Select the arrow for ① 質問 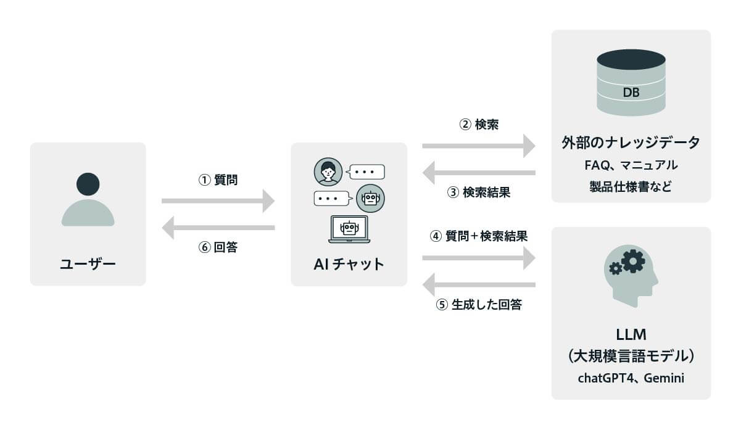218,201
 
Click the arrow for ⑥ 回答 218,228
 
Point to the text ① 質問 218,180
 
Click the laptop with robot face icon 349,229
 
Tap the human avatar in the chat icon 328,172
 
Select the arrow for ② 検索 479,146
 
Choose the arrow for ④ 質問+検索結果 479,257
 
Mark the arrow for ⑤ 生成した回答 479,284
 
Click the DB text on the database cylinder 631,93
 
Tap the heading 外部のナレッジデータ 631,143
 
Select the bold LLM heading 631,335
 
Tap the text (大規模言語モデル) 631,356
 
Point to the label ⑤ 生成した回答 479,305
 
